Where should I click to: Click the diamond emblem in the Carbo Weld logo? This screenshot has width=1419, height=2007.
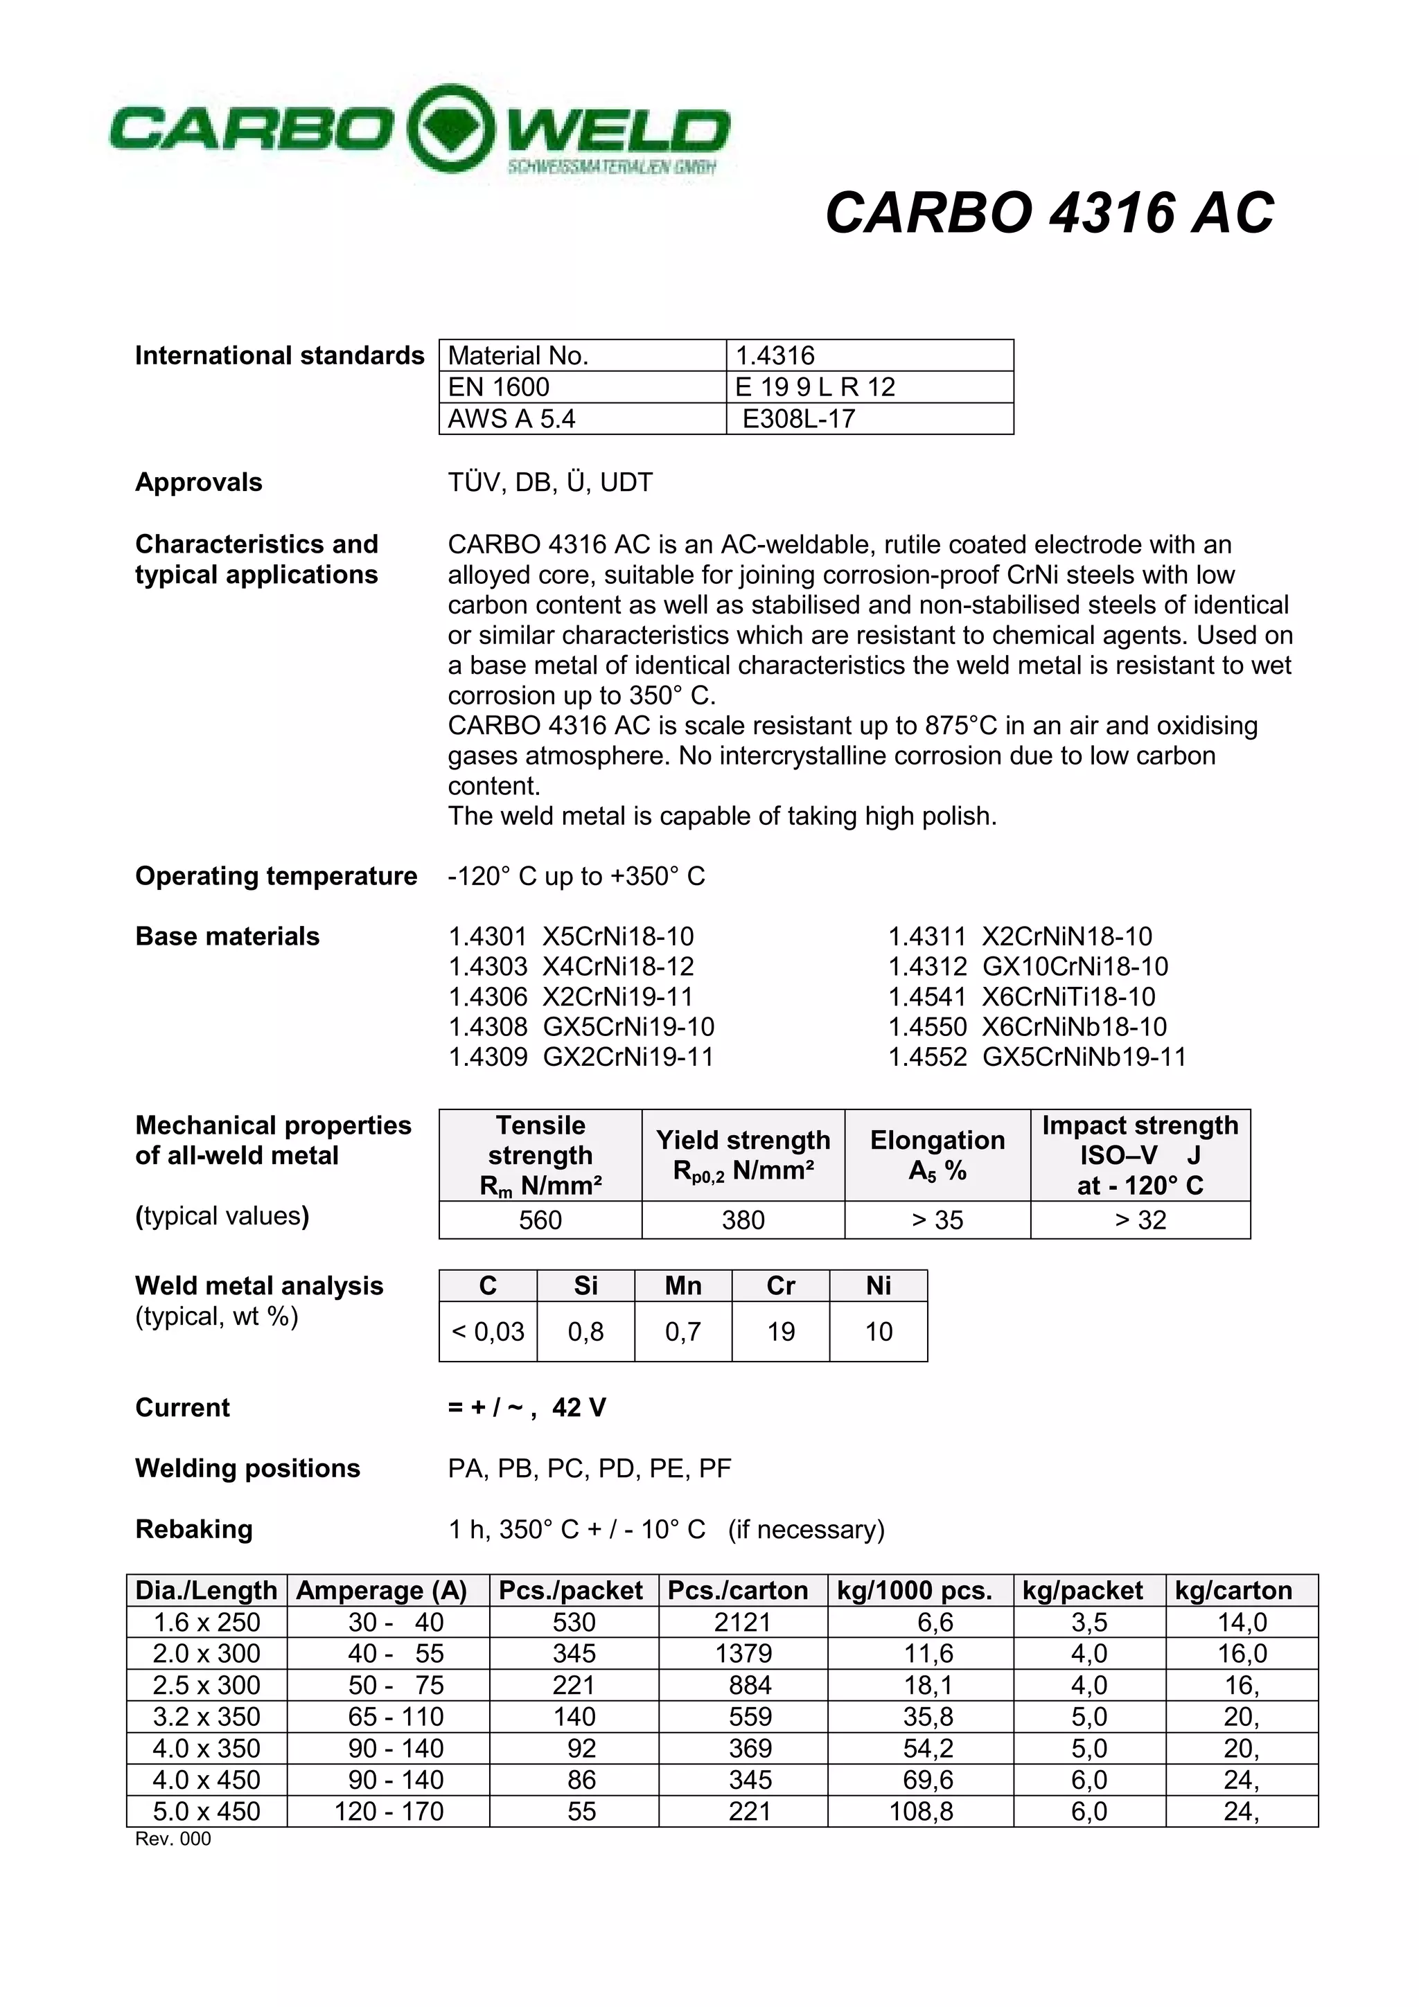450,129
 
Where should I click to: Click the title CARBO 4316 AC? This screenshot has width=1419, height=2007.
1049,213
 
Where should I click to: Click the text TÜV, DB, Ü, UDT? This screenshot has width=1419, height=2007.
550,483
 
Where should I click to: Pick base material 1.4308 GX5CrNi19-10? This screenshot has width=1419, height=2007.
581,1026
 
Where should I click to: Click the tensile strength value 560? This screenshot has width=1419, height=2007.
540,1220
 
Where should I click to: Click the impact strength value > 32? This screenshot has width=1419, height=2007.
1139,1220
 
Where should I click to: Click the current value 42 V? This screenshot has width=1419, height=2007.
579,1407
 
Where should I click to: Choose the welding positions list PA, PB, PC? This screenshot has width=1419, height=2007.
588,1468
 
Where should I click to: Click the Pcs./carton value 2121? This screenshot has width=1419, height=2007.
741,1623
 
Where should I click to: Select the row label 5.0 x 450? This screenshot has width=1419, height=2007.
206,1811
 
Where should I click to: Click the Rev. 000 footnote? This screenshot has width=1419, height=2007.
173,1839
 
